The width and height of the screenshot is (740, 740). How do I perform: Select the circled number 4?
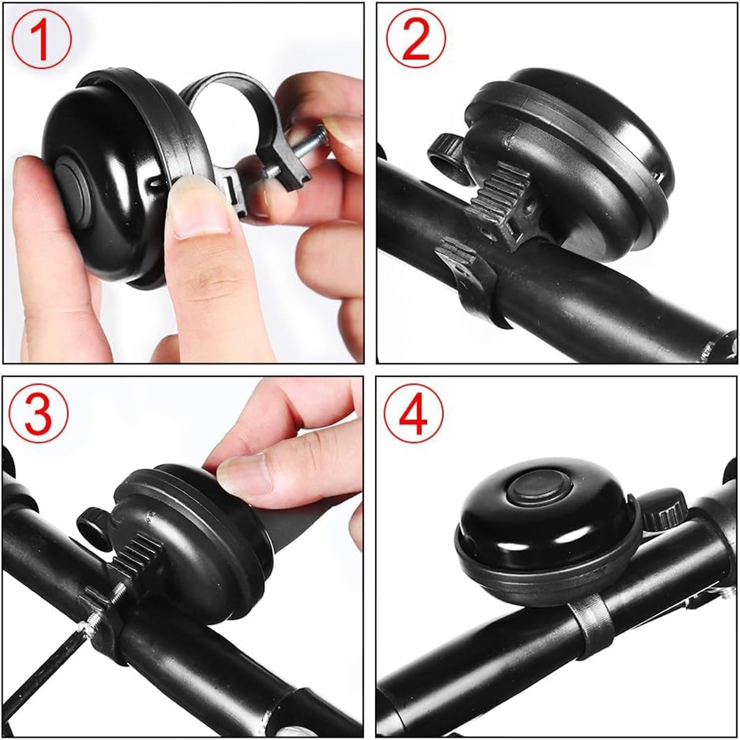[x=414, y=414]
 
